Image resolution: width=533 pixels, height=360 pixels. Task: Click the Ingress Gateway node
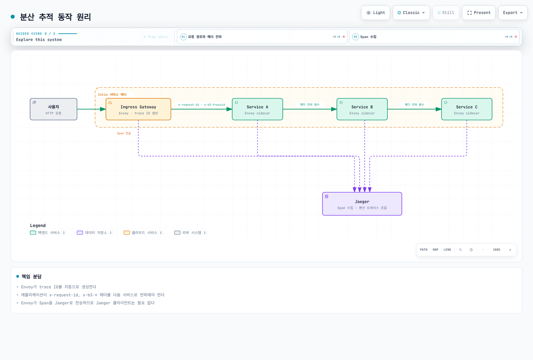point(138,109)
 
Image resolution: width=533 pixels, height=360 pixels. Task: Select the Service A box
point(258,109)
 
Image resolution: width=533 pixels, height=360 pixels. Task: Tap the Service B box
point(362,109)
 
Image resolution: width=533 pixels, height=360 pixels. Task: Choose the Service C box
point(467,109)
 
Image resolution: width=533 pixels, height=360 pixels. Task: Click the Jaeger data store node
point(362,204)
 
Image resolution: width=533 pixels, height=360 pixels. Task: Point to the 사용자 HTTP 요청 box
point(54,109)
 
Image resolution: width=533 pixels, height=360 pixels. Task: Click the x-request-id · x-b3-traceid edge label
point(201,105)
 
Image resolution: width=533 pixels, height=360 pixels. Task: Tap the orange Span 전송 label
point(124,133)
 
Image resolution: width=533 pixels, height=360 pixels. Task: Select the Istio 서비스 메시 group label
point(112,95)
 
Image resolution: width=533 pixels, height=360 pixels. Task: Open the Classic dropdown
point(411,13)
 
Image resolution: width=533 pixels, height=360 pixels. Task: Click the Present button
point(479,13)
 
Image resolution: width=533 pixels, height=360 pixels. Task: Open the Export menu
point(513,13)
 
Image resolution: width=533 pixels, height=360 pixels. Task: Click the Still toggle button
point(446,13)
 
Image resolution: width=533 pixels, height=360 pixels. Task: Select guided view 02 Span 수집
point(434,37)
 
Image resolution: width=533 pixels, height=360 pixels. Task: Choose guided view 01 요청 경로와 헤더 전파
point(262,37)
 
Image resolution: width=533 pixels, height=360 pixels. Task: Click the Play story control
point(156,37)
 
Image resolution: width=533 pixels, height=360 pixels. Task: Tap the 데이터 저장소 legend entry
point(95,233)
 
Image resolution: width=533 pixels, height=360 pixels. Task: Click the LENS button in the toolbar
point(447,250)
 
